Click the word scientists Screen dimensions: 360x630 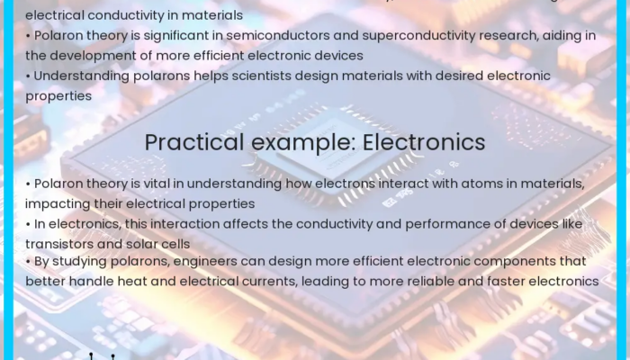pos(265,76)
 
